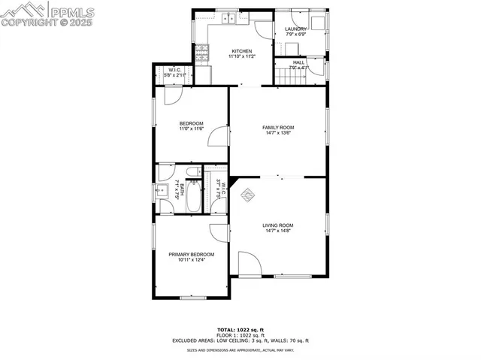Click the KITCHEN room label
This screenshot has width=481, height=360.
point(241,51)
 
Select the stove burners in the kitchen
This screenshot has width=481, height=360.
point(202,53)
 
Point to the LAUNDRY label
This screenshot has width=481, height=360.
point(295,29)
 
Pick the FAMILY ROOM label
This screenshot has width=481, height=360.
point(278,128)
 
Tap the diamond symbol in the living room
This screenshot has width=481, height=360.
point(247,195)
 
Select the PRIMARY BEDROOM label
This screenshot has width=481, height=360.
point(191,255)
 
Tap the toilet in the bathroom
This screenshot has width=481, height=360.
point(192,174)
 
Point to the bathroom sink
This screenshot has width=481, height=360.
point(162,190)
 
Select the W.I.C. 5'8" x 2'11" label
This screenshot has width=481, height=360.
point(174,73)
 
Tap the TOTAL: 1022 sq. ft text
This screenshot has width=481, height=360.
point(240,329)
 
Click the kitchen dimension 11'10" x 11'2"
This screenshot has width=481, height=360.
point(241,56)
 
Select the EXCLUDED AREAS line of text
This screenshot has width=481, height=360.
point(240,340)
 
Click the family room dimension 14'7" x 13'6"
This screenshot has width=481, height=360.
point(278,133)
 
